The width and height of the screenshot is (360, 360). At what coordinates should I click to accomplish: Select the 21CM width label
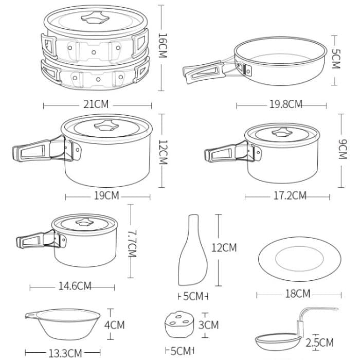click(96, 104)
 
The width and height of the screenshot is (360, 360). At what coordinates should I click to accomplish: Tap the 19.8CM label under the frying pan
click(285, 104)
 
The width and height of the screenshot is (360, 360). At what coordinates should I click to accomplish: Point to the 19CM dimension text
click(107, 195)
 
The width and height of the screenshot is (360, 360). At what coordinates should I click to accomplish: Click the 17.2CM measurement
click(288, 195)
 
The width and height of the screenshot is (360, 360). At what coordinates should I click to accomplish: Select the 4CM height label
click(114, 325)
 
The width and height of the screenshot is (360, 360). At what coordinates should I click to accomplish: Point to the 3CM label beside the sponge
click(208, 325)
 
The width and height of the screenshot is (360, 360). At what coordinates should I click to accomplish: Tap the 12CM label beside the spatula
click(224, 248)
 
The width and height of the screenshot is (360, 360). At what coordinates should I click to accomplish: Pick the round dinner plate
click(299, 259)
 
